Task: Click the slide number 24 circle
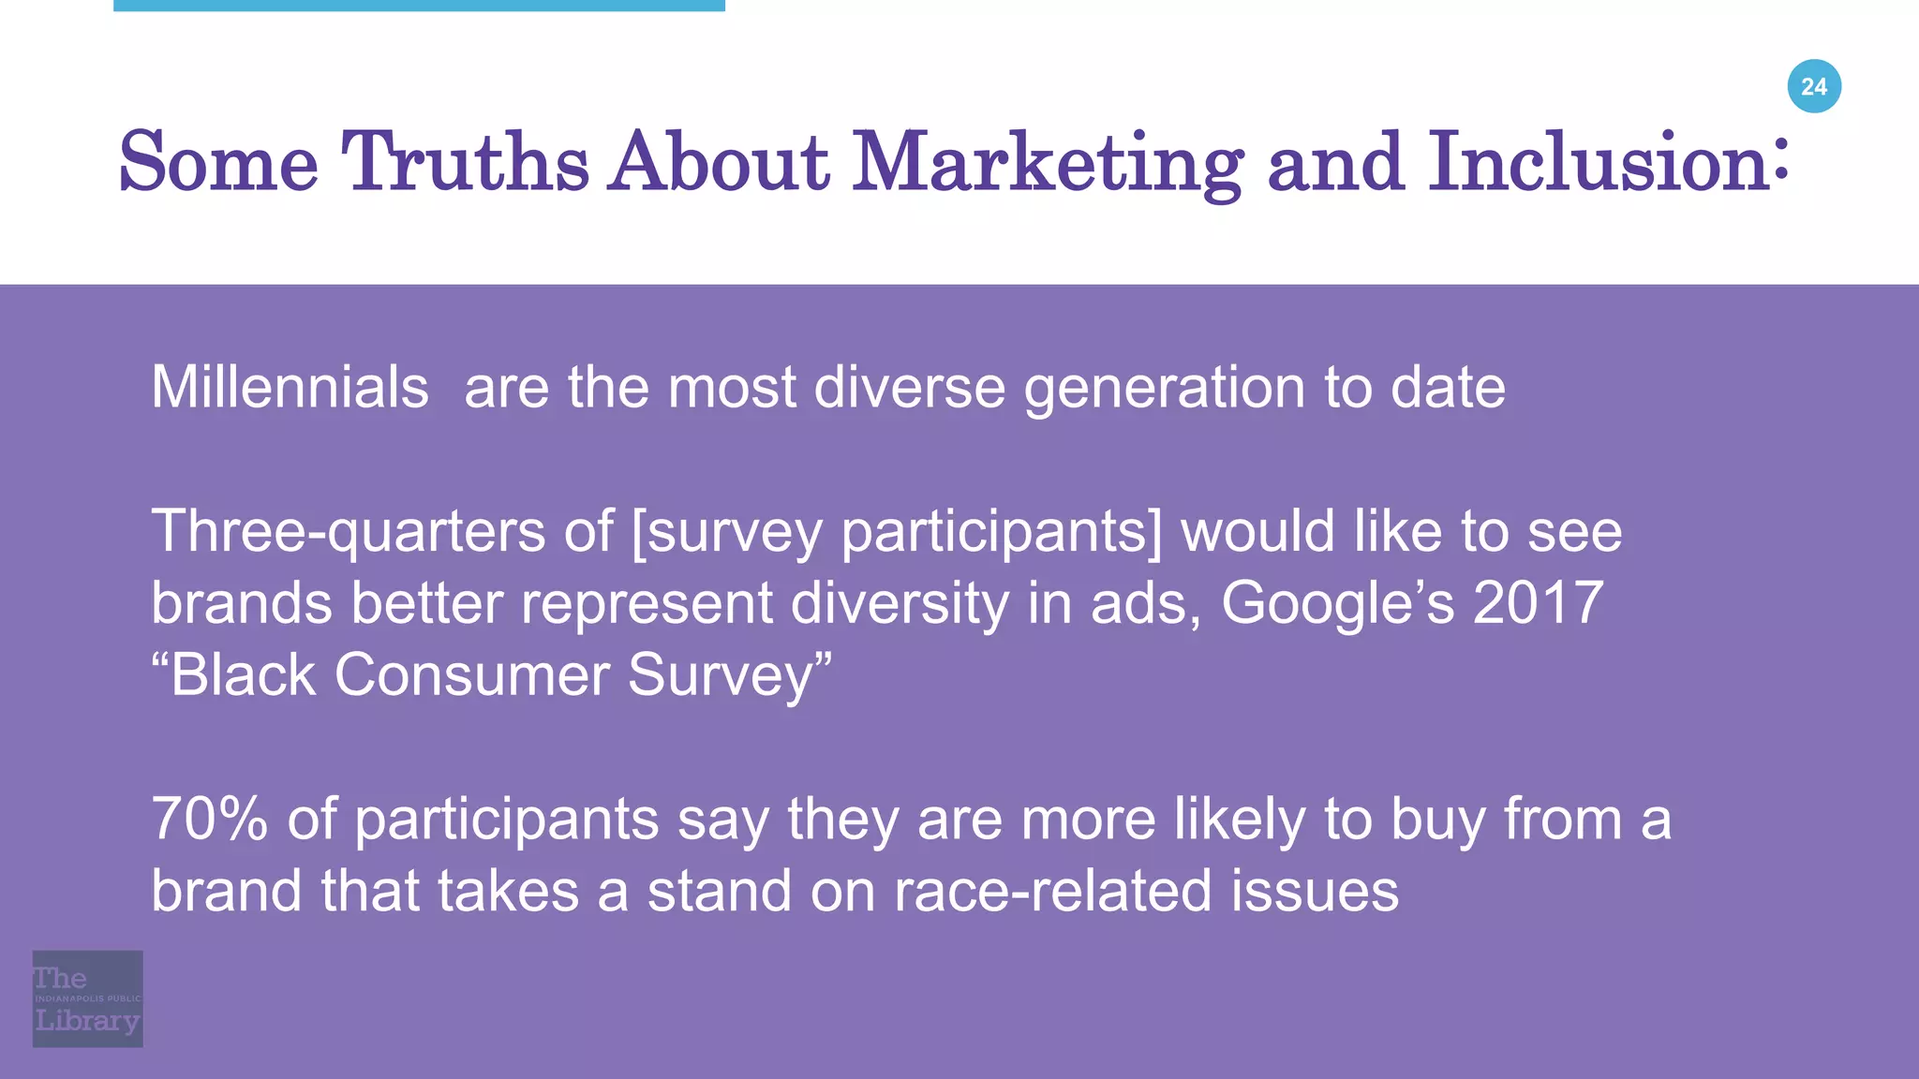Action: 1814,86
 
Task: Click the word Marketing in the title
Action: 1048,163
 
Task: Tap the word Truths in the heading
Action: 465,163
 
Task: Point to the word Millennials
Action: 290,387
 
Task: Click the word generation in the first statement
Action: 1164,389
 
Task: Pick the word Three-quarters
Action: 349,531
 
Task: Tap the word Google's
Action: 1337,603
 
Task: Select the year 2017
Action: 1539,602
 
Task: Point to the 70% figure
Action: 209,819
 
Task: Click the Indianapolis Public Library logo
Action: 87,998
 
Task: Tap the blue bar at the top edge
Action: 419,6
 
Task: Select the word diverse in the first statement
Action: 909,387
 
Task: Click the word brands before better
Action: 242,602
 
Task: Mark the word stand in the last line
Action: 719,891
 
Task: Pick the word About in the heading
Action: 719,163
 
